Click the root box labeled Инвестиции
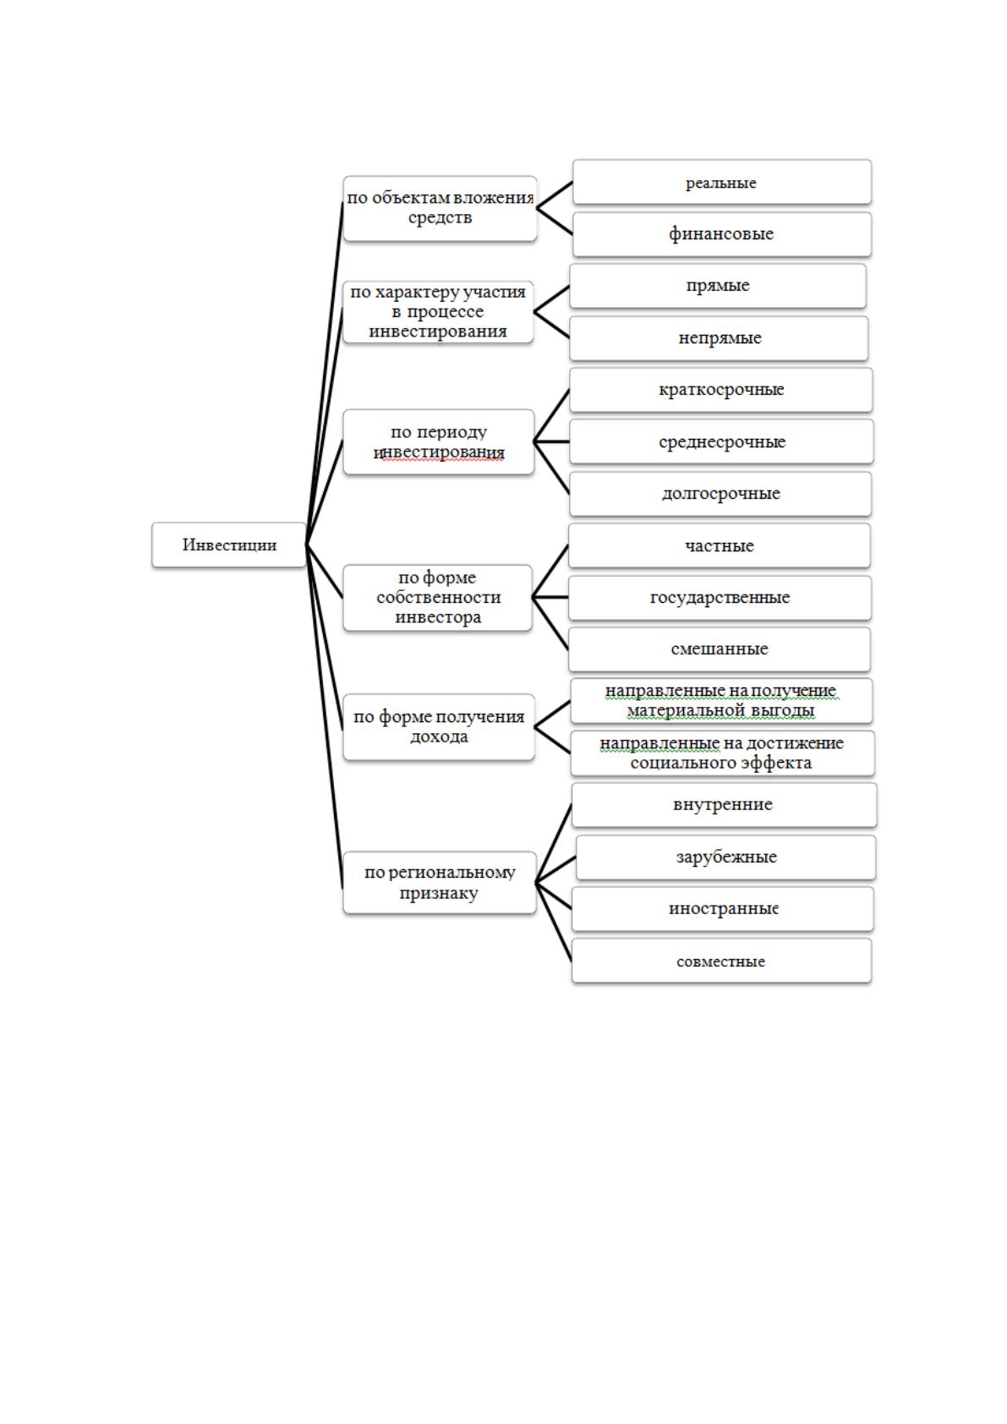pos(229,545)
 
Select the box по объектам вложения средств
pos(440,209)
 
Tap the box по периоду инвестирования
pos(439,441)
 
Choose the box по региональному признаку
pos(440,882)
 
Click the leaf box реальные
pos(721,183)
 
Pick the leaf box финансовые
pos(721,234)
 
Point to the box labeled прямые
pos(718,286)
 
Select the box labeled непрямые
pos(719,338)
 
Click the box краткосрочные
pos(721,390)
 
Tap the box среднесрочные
pos(721,441)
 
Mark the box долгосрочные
pos(720,493)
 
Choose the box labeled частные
pos(719,545)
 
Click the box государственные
pos(720,598)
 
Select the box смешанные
pos(719,649)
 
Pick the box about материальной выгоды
pos(721,700)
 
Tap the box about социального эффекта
pos(722,753)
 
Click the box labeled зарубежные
pos(726,857)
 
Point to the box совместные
pos(721,961)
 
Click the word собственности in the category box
pos(439,597)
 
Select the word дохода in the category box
pos(439,737)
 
